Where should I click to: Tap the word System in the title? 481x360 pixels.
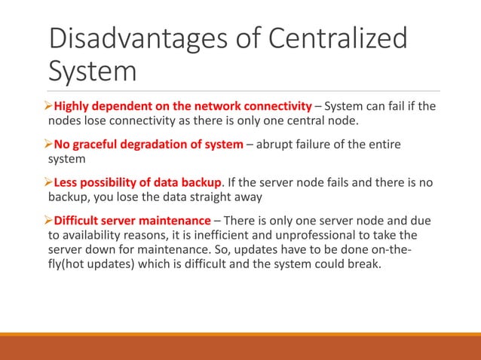point(92,72)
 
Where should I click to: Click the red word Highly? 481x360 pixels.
point(73,105)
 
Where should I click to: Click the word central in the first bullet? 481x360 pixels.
point(325,119)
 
